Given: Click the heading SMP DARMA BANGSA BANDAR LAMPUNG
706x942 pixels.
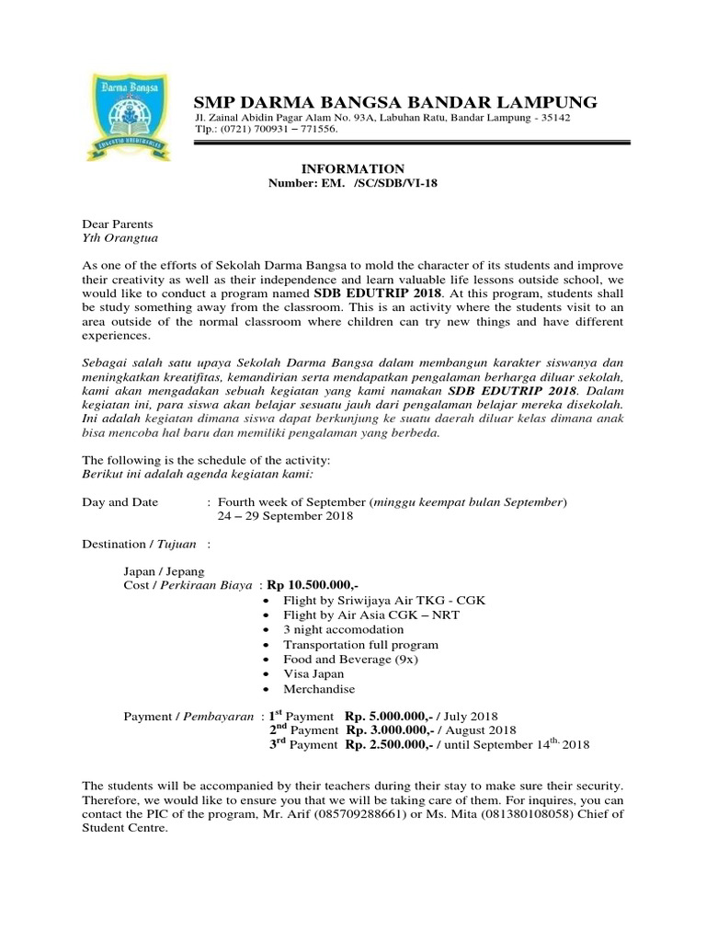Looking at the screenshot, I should coord(394,101).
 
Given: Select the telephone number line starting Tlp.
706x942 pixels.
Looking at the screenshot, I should coord(266,130).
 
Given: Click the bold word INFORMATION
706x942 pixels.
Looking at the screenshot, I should coord(353,169).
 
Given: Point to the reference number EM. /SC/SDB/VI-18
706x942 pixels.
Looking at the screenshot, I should coord(353,184).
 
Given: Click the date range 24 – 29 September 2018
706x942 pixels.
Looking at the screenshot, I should coord(285,516).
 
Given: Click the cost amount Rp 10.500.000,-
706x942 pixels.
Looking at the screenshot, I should coord(313,585).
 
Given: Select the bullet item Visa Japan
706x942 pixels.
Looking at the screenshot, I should coord(315,674).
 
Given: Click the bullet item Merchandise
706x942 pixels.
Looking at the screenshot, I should coord(319,689).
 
